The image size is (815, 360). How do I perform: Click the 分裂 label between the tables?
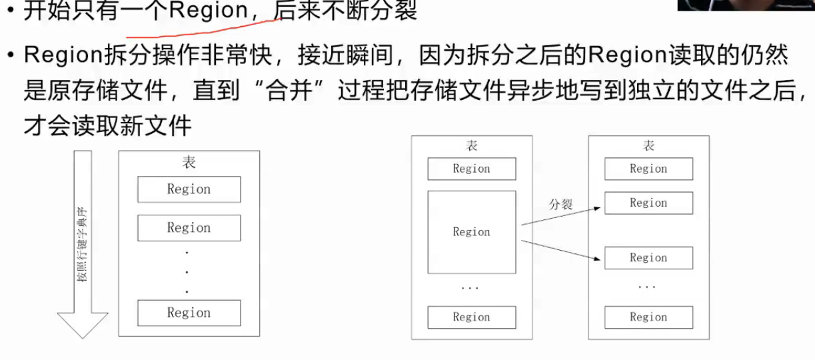coord(560,205)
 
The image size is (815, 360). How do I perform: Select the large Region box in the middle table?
coord(471,232)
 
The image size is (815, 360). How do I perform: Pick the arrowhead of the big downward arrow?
coord(82,325)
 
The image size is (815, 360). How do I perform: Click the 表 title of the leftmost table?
coord(189,163)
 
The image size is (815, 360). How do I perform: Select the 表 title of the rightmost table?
coord(648,146)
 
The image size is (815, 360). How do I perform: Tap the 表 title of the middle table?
coord(471,146)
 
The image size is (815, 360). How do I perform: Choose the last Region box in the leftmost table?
coord(189,313)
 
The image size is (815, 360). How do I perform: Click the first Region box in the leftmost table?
coord(189,189)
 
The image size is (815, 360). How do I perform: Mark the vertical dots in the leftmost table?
coord(187,271)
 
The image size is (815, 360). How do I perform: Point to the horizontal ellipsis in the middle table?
coord(470,288)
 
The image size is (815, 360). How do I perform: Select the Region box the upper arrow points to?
coord(648,203)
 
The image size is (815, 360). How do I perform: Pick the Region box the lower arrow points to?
coord(648,258)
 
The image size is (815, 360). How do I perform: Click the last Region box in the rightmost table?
coord(648,317)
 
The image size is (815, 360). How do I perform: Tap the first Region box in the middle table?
coord(471,169)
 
